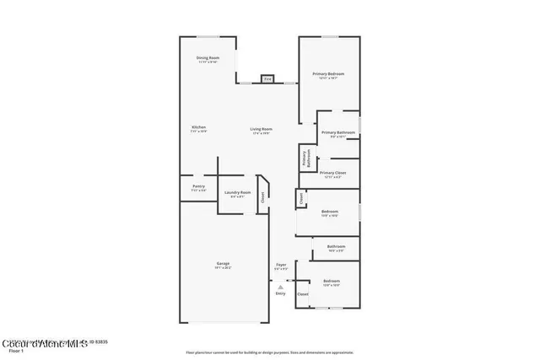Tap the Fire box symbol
tap(267, 79)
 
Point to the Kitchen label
tap(198, 129)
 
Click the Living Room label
tap(261, 131)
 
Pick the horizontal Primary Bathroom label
tap(337, 133)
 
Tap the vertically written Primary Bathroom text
tap(306, 159)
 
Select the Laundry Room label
tap(237, 194)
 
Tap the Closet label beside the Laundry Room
tap(262, 197)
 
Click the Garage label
tap(223, 265)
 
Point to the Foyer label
tap(281, 266)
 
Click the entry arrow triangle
tap(280, 287)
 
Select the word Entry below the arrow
tap(280, 293)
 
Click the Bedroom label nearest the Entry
tap(332, 282)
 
